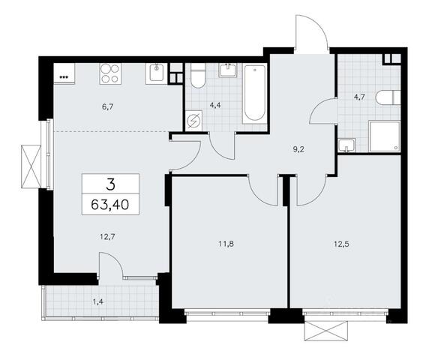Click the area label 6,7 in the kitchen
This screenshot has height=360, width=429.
coord(107,107)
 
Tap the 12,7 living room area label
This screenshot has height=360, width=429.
coord(107,236)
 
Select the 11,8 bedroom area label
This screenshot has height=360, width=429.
coord(226,244)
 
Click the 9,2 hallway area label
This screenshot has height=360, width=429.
coord(298,149)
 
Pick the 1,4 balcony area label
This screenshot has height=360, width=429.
coord(98,302)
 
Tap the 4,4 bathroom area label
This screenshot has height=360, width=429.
coord(215,105)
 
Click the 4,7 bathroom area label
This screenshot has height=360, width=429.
coord(359,97)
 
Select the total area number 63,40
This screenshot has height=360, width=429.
coord(110,205)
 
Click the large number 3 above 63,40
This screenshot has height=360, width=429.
coord(110,184)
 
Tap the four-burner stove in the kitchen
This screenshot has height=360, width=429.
coord(110,73)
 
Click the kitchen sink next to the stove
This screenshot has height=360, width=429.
coord(157,73)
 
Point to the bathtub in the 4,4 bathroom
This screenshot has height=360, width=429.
coord(254,94)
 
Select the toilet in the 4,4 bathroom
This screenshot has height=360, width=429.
coord(198,76)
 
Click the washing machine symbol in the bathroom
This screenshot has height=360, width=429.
coord(193,121)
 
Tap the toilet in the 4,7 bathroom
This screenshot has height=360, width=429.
coord(388,97)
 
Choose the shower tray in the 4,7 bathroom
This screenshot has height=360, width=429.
coord(385,136)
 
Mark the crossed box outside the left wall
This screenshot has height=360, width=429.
coord(31,166)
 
